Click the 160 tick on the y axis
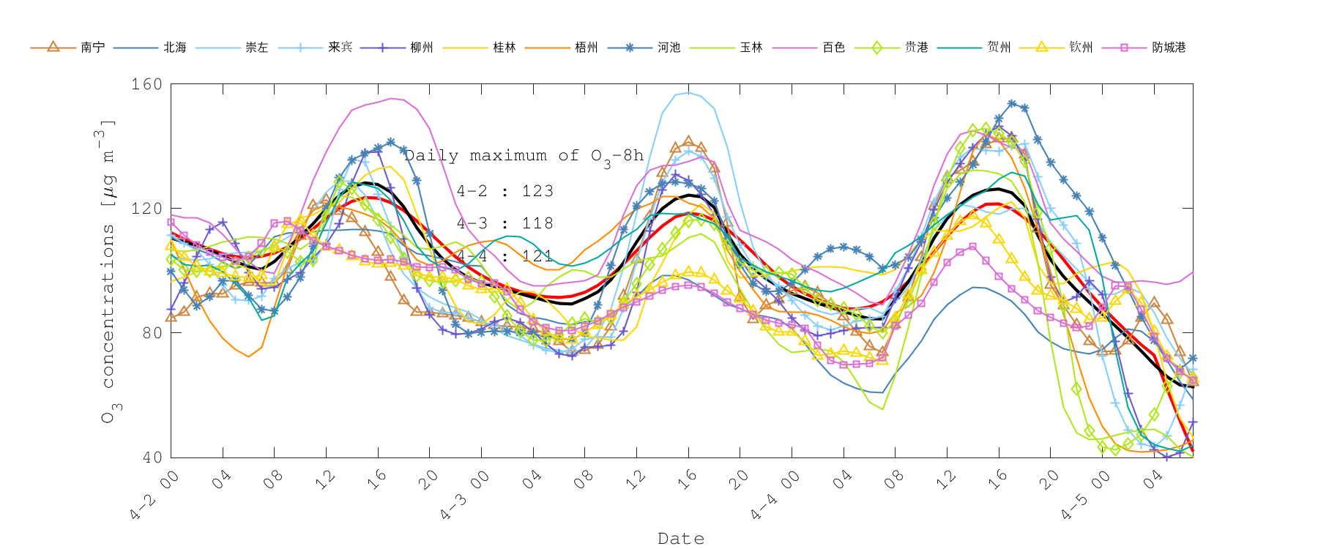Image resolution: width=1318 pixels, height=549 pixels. tap(146, 84)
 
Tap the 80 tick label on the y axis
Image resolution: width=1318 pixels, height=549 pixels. tap(151, 333)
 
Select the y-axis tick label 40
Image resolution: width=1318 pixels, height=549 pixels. tap(151, 457)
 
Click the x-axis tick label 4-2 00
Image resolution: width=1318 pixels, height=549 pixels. tap(155, 496)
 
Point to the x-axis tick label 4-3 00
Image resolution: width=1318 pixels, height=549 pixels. tap(466, 496)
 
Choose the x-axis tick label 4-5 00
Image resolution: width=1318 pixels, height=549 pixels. tap(1087, 496)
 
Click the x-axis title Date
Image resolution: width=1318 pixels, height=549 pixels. tap(681, 539)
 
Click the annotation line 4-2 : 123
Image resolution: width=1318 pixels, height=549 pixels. tap(505, 191)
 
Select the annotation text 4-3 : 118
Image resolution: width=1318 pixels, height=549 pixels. tap(505, 223)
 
